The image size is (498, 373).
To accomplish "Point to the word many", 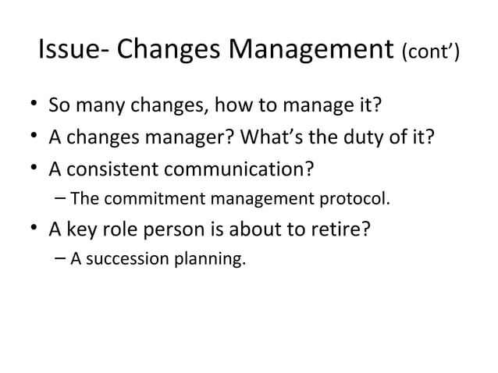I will (x=98, y=105).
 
